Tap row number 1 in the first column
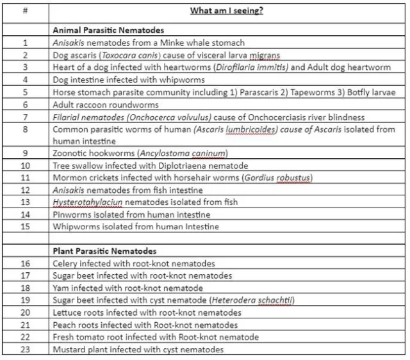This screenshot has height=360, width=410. (x=25, y=43)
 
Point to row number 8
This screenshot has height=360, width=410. (x=25, y=129)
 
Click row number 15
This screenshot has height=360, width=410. (x=25, y=226)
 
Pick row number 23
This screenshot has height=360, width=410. (x=25, y=349)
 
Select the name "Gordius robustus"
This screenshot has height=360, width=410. (x=279, y=177)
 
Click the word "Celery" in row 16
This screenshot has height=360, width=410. (x=65, y=263)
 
